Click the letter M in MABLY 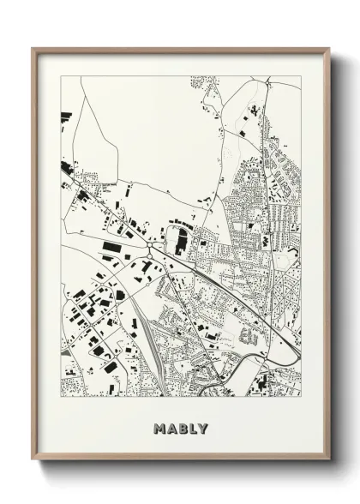(159, 428)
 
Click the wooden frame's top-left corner (33, 48)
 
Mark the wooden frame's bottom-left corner (33, 461)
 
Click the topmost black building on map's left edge (63, 116)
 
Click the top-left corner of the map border (60, 76)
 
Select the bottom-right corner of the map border (301, 396)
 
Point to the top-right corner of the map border (301, 76)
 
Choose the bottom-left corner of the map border (60, 396)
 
